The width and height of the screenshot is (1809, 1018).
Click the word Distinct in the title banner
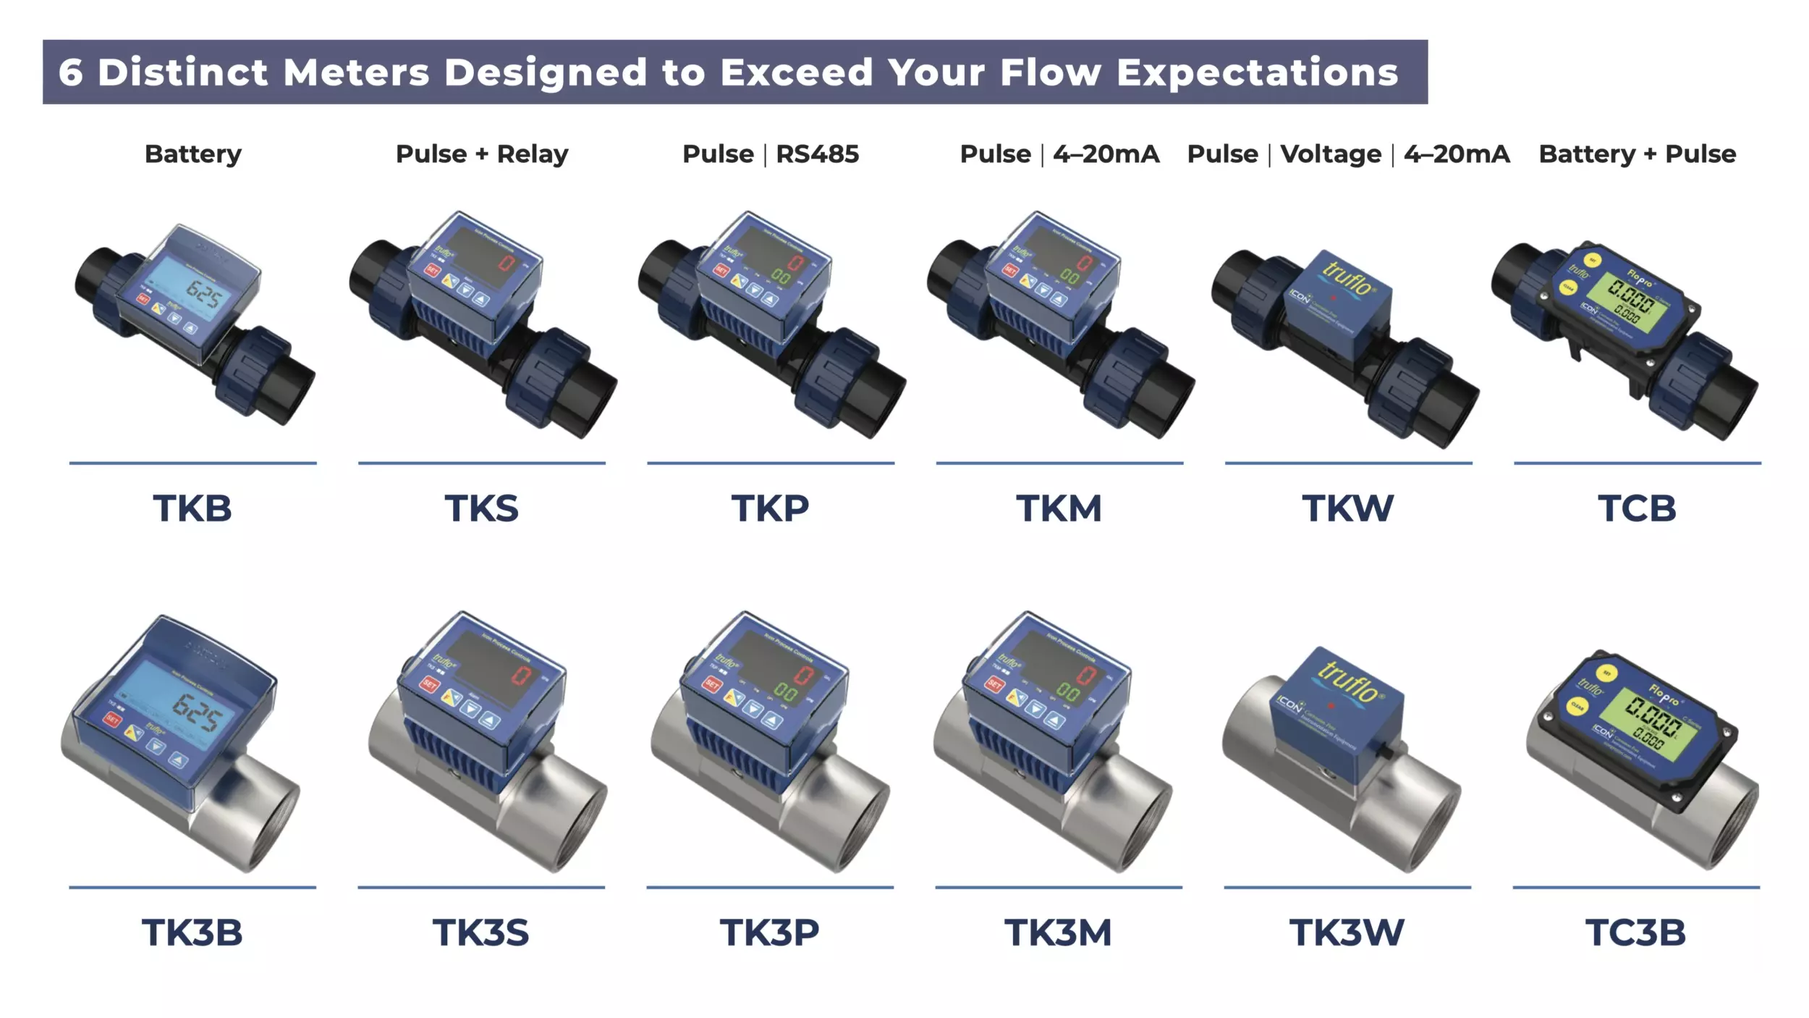[182, 72]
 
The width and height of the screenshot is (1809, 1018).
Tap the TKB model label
[192, 508]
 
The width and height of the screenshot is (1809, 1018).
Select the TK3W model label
[1347, 933]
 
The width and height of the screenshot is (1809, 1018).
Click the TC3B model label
[1635, 933]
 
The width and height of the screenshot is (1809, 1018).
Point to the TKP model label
[770, 508]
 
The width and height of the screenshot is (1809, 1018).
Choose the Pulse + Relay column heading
[482, 154]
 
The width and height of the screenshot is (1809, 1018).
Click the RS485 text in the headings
[817, 154]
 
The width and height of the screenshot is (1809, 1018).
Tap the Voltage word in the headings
[1331, 154]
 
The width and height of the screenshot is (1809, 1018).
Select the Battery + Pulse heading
[1637, 154]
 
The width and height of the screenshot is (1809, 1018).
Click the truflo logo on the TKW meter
[1347, 278]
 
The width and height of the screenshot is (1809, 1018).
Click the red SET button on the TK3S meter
[430, 683]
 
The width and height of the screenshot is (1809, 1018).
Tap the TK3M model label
[1058, 933]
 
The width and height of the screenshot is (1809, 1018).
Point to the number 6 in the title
[70, 72]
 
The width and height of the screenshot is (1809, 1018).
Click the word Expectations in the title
[1257, 72]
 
